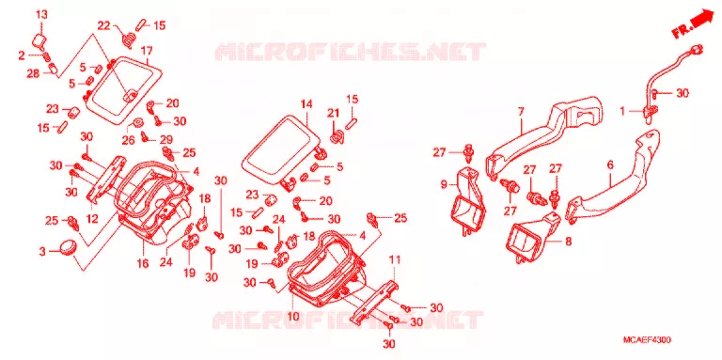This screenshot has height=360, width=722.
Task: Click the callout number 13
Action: tap(42, 15)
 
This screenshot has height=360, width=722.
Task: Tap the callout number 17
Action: tap(147, 50)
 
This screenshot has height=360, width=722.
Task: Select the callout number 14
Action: tap(306, 104)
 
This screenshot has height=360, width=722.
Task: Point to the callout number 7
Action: tap(521, 112)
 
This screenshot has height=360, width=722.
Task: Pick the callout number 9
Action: tap(444, 185)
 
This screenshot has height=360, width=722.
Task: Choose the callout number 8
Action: tap(569, 241)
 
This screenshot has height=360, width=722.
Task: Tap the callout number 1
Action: tap(622, 111)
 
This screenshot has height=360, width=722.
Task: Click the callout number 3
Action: tap(42, 251)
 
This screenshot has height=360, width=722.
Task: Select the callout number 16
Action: tap(143, 264)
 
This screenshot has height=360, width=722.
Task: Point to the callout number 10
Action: tap(293, 317)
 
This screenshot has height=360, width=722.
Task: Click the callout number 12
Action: tap(92, 219)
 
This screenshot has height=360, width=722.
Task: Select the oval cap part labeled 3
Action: tap(68, 246)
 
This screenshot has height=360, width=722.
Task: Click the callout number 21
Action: tap(333, 113)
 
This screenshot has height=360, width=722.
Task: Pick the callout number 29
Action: tap(165, 139)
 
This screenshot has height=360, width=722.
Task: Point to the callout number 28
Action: tap(33, 73)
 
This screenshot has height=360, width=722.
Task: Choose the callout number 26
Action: tap(128, 139)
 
